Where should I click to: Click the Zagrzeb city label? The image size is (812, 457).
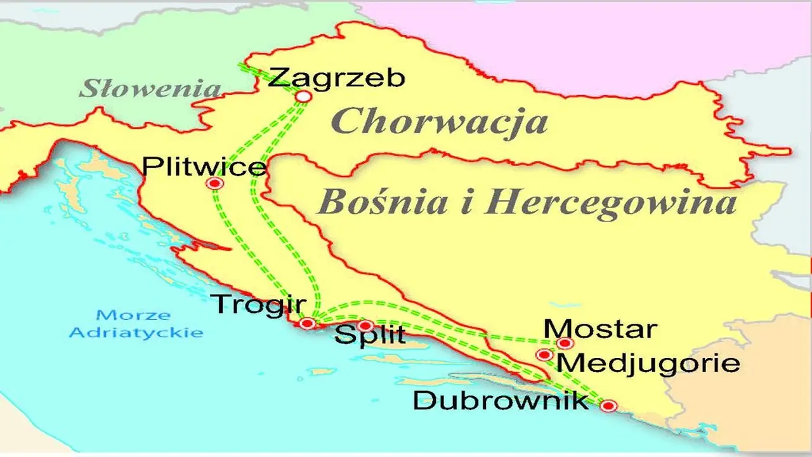(336, 79)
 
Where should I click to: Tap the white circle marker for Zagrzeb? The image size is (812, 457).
(304, 96)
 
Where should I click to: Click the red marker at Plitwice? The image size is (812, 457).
(215, 184)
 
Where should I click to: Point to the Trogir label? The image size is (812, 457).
(258, 304)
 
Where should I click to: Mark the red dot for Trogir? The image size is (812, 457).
(308, 324)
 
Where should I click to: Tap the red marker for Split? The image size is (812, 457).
(365, 326)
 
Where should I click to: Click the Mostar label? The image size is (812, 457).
(600, 329)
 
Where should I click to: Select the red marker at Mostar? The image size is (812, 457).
(565, 343)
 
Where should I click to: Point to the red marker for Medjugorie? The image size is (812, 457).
(544, 355)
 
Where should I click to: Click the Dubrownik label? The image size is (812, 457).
(501, 401)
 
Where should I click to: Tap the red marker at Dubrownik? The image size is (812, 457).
(608, 406)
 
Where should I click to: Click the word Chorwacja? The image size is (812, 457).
(440, 122)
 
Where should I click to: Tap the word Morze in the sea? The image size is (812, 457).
(134, 315)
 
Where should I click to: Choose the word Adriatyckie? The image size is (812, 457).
(136, 332)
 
